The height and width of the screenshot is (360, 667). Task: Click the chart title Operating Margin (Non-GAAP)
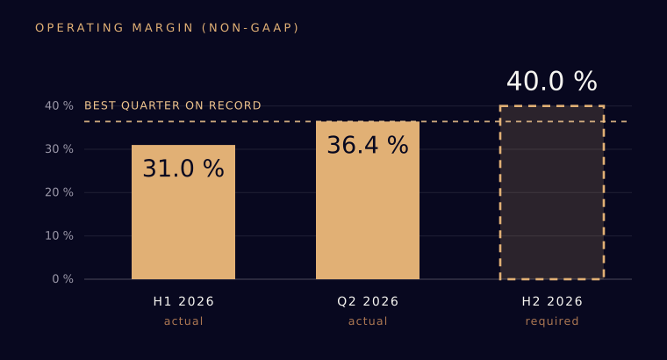[x=167, y=28]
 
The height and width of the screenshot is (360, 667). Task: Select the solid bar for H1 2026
[x=183, y=212]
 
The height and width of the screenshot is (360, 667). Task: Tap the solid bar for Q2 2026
[x=368, y=200]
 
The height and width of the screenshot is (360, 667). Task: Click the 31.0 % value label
[x=183, y=168]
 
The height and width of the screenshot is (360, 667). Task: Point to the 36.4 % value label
[x=368, y=145]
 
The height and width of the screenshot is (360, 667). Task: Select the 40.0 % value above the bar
[x=552, y=81]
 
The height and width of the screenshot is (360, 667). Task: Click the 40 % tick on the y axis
[x=59, y=105]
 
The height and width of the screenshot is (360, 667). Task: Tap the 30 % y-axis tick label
[x=59, y=149]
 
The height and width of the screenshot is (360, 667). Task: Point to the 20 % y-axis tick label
[x=59, y=192]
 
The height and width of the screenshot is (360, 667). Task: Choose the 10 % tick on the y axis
[x=59, y=235]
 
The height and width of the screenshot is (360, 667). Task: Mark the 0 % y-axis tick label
[x=63, y=279]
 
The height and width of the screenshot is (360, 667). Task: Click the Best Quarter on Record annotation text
[x=173, y=105]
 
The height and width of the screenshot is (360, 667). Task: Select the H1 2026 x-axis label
[x=183, y=302]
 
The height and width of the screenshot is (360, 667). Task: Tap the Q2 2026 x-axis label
[x=368, y=302]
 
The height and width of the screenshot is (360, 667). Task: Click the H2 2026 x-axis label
[x=552, y=302]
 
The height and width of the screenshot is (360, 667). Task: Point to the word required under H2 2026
[x=552, y=321]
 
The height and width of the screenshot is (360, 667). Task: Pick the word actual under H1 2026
[x=183, y=321]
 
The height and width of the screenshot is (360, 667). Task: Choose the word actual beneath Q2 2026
[x=368, y=321]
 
